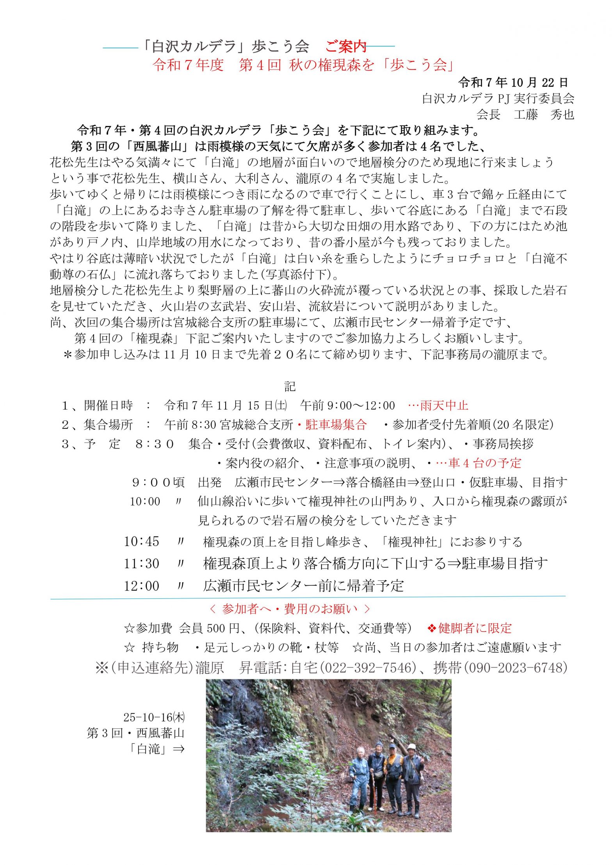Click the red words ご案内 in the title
pyautogui.click(x=346, y=47)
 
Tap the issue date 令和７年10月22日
pyautogui.click(x=513, y=82)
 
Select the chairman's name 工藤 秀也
pyautogui.click(x=544, y=114)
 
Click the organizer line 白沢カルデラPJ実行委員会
pyautogui.click(x=498, y=98)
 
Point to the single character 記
pyautogui.click(x=290, y=386)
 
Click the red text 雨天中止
pyautogui.click(x=444, y=406)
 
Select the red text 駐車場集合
pyautogui.click(x=336, y=424)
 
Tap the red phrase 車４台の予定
pyautogui.click(x=485, y=463)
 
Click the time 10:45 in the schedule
pyautogui.click(x=141, y=541)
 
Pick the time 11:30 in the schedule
pyautogui.click(x=141, y=564)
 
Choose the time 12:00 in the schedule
pyautogui.click(x=141, y=586)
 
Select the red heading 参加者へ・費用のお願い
pyautogui.click(x=290, y=609)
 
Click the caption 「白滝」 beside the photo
pyautogui.click(x=149, y=749)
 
